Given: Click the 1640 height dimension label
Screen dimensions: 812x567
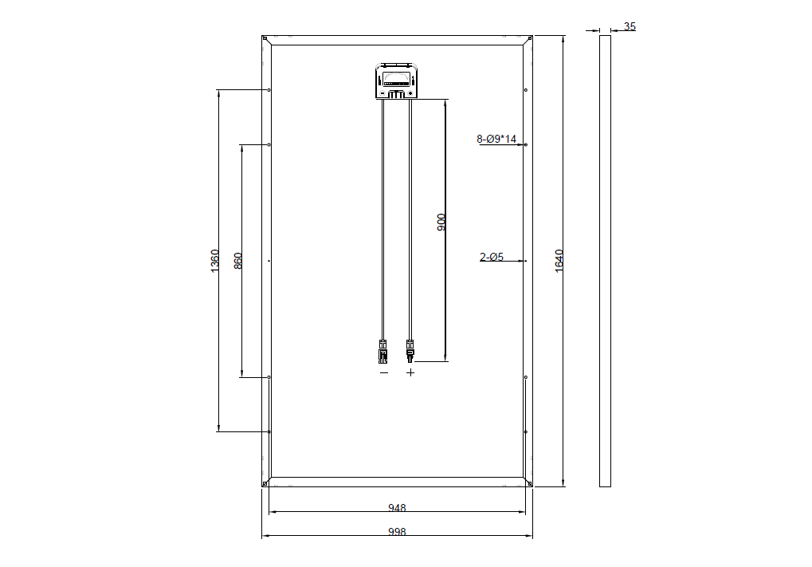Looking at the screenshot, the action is [559, 261].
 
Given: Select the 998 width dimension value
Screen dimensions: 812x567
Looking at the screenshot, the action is [397, 532].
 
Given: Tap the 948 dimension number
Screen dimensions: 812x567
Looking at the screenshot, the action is [397, 508].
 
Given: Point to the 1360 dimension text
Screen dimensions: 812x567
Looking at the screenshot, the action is [214, 261].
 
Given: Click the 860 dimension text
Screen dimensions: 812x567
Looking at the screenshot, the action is [238, 261].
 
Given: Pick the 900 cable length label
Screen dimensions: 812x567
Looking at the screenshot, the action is [441, 222].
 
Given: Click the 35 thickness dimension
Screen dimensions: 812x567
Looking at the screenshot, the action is [630, 26].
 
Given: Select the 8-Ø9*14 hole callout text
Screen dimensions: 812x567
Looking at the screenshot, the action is [496, 139].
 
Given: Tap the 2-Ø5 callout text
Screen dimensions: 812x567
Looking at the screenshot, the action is [492, 257].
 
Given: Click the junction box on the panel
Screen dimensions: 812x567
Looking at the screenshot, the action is [397, 81].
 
